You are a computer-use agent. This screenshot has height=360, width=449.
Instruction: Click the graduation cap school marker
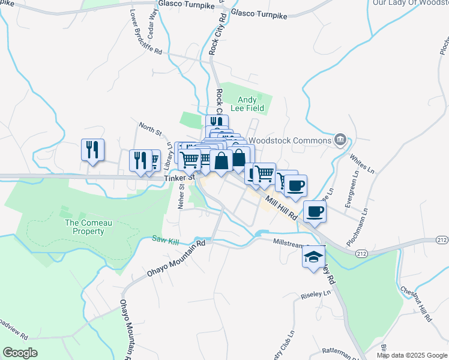click(313, 257)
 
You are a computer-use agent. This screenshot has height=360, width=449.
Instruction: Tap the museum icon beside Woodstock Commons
click(340, 140)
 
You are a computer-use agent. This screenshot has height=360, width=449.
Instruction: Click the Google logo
click(20, 353)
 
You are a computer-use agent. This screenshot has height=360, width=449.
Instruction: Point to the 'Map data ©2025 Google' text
click(411, 355)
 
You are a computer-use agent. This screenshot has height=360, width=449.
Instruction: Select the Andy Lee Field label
click(247, 104)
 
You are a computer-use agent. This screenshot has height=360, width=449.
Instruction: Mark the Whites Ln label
click(360, 165)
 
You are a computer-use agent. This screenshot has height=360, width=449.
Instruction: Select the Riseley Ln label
click(319, 294)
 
